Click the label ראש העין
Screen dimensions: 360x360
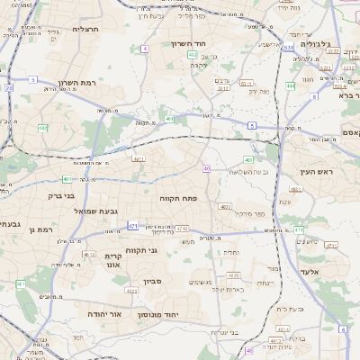click(x=319, y=171)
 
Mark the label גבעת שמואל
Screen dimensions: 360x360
click(x=113, y=211)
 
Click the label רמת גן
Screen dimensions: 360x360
click(x=42, y=229)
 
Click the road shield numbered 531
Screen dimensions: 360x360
click(x=288, y=47)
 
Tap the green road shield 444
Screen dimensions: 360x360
click(x=291, y=85)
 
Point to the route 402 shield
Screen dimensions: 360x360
click(x=193, y=55)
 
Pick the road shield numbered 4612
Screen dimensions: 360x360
click(x=88, y=255)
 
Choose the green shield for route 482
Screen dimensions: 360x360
click(x=43, y=128)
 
